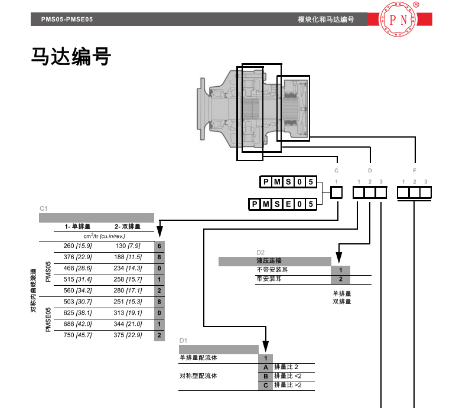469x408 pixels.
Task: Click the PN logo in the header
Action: [x=398, y=19]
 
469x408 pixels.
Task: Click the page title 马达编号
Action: [x=71, y=57]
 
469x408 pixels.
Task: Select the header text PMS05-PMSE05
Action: [x=67, y=19]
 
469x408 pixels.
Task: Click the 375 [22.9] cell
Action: [x=129, y=335]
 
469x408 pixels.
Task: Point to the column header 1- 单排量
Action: [x=77, y=227]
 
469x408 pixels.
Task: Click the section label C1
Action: [x=43, y=208]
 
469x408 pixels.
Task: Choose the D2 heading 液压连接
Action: [x=269, y=261]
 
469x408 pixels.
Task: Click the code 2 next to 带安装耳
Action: [x=340, y=279]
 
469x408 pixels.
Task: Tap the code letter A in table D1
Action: [x=266, y=367]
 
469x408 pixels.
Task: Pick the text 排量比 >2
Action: [x=288, y=386]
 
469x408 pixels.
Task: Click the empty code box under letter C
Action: [x=336, y=192]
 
